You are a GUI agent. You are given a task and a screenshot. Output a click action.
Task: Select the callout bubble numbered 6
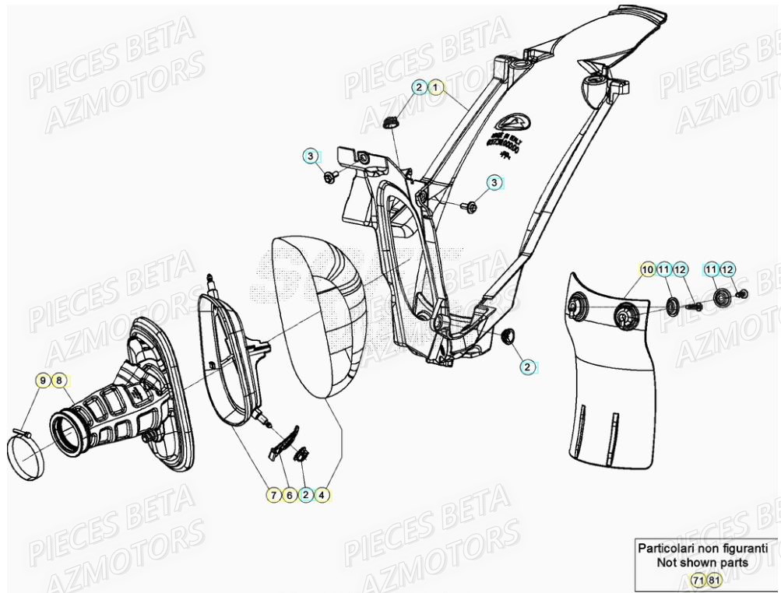point(290,493)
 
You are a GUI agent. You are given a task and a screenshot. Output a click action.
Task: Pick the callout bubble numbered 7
point(273,493)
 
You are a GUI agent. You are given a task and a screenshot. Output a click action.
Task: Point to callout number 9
point(44,381)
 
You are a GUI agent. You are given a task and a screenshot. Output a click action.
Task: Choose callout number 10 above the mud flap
point(646,269)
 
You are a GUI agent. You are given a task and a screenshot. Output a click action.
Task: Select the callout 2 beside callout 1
point(420,87)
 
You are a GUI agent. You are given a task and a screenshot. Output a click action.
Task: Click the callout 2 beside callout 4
point(306,493)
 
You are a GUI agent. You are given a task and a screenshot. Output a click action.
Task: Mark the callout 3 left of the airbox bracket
point(310,156)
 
